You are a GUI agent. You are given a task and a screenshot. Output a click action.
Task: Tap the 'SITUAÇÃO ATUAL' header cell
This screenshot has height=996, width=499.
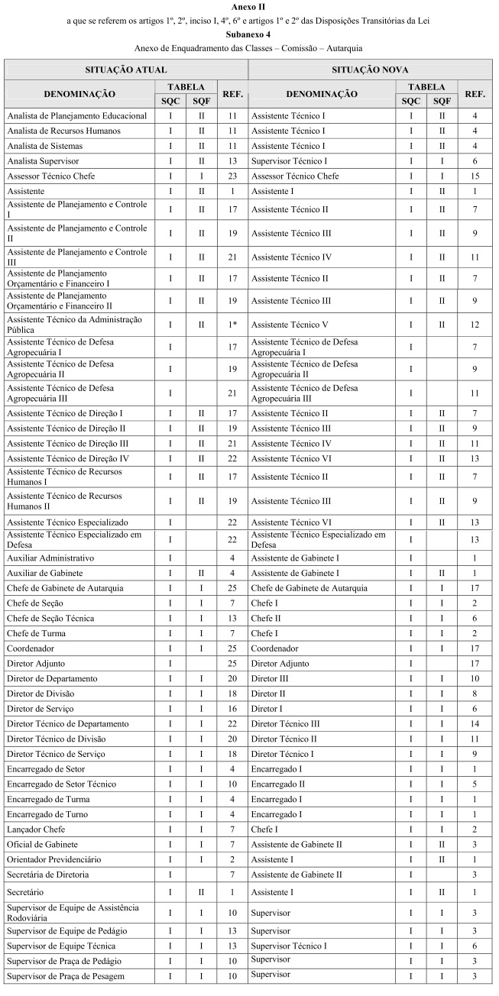[126, 70]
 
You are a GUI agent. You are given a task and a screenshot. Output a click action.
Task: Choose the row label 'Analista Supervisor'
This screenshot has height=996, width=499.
[43, 161]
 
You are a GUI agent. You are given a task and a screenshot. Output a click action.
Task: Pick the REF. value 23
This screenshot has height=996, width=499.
[232, 176]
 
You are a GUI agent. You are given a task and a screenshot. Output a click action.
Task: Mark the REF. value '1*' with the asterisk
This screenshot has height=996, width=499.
[232, 325]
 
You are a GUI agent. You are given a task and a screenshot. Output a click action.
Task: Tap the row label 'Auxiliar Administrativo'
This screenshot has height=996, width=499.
[50, 558]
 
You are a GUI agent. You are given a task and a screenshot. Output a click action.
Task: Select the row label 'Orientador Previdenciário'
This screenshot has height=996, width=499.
[53, 859]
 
